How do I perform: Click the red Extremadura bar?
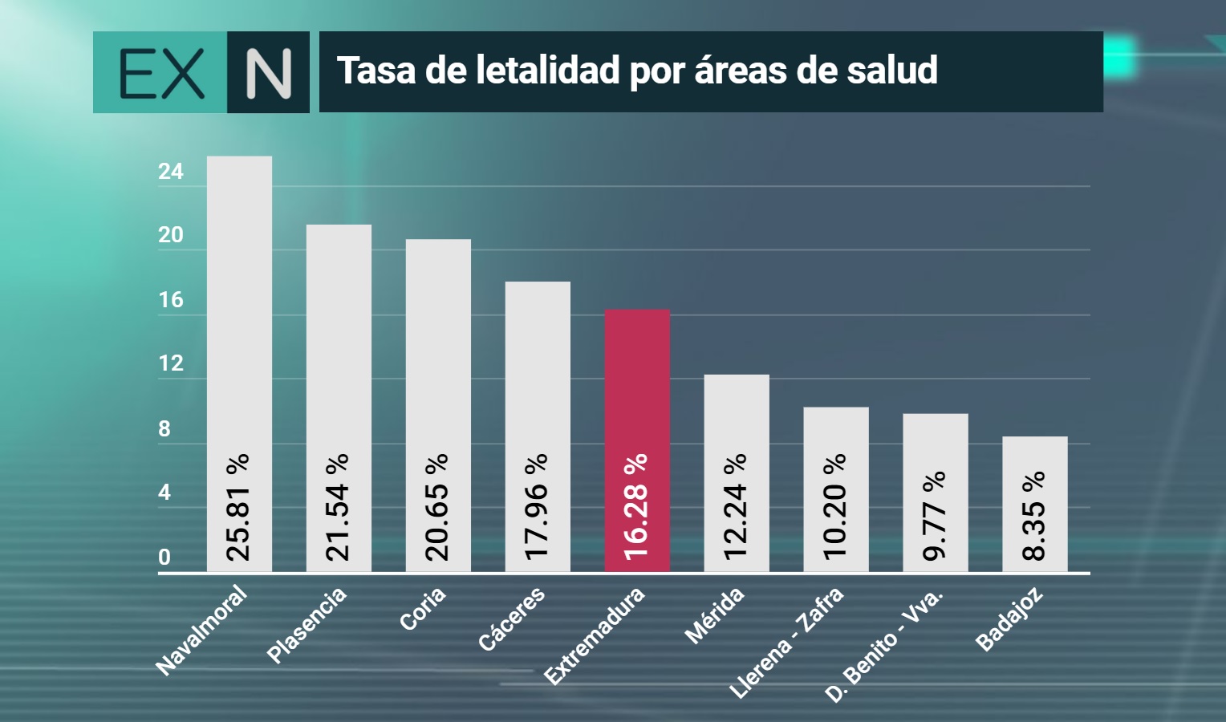pos(637,440)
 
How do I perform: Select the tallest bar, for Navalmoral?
pos(239,364)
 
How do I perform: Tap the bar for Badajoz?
pos(1035,504)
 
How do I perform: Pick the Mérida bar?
pos(737,473)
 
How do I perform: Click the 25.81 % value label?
pos(238,508)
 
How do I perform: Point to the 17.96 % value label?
pos(537,508)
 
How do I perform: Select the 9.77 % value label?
pos(935,516)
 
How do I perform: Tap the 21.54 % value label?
pos(338,508)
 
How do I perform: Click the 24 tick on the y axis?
pos(171,172)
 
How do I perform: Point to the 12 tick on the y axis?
pos(171,363)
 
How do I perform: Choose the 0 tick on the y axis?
pos(164,558)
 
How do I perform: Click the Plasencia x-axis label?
pos(306,626)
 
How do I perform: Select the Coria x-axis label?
pos(423,609)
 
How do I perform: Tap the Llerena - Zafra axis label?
pos(786,643)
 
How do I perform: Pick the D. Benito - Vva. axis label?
pos(884,646)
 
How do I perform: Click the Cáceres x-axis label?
pos(512,619)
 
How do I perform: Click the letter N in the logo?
pos(268,74)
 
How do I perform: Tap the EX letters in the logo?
pos(161,74)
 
